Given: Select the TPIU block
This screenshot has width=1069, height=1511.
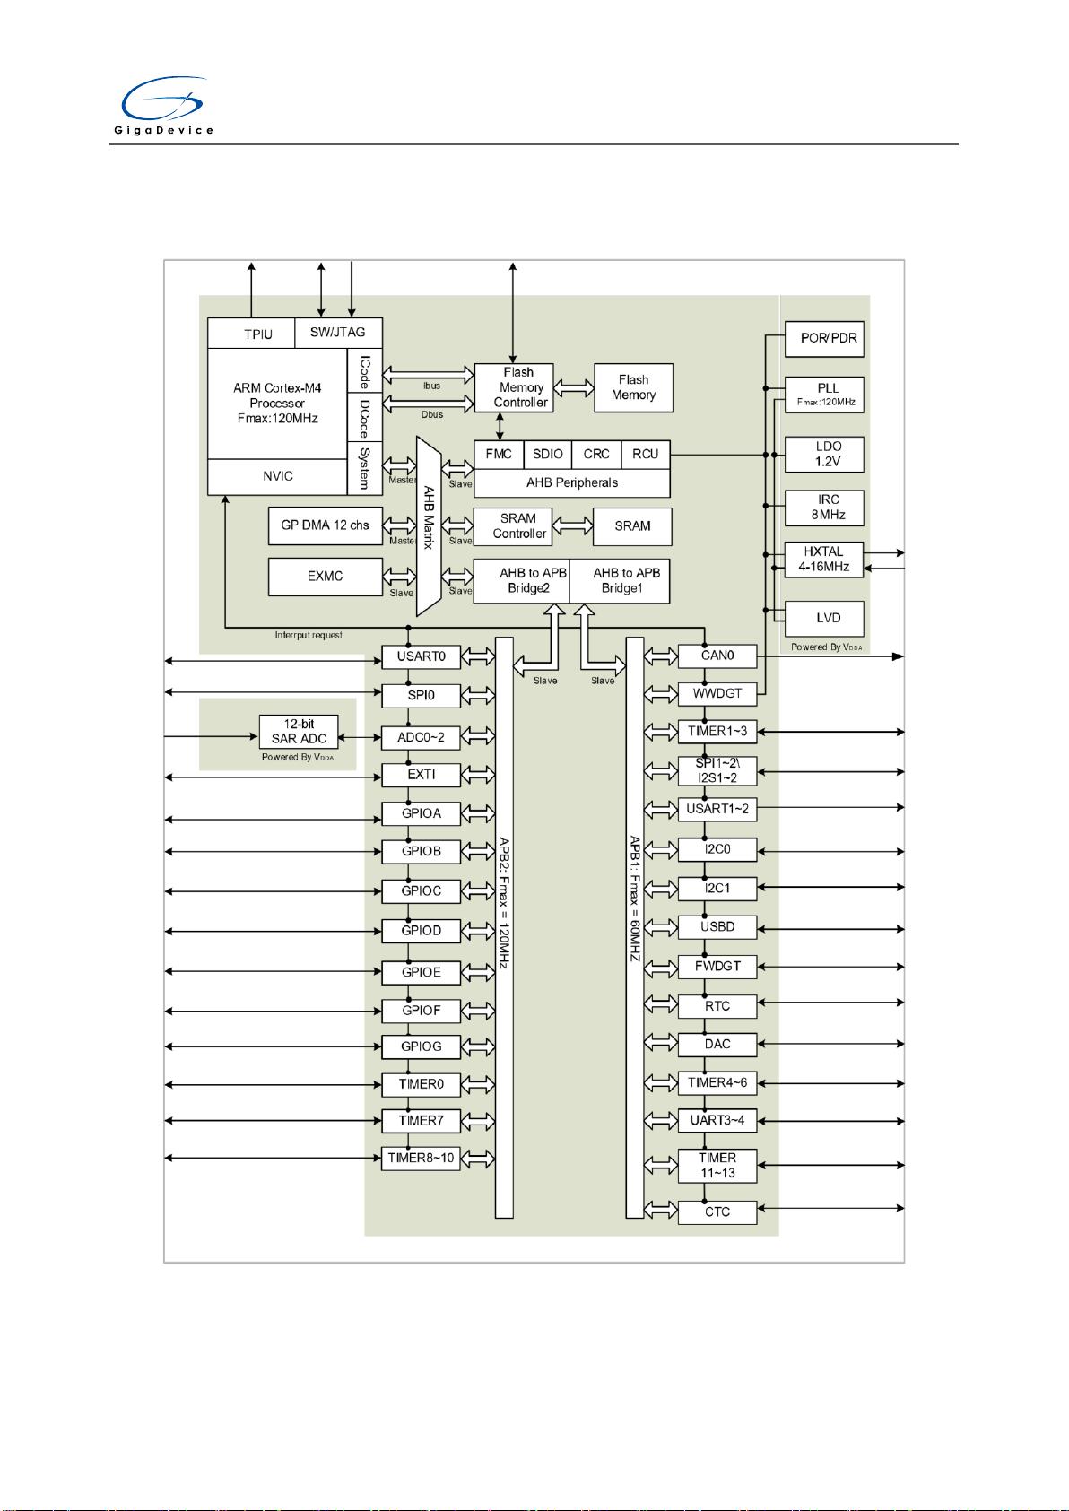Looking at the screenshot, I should click(x=251, y=334).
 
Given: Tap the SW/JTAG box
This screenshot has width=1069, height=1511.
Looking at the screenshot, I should click(x=337, y=332).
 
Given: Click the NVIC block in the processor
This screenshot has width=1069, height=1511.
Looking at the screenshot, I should click(x=277, y=476).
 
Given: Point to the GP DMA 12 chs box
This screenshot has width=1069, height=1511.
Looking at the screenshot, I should click(x=325, y=525).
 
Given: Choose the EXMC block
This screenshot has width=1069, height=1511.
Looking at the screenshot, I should click(x=325, y=576).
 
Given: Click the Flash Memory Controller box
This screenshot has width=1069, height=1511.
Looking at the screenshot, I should click(x=513, y=387).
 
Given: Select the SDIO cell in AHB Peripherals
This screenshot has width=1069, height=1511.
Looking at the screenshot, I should click(x=547, y=455).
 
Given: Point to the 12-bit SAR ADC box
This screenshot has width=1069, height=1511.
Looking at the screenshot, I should click(x=299, y=732).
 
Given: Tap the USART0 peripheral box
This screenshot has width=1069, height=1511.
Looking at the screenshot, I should click(x=421, y=656).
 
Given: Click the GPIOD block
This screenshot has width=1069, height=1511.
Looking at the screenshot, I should click(x=421, y=931).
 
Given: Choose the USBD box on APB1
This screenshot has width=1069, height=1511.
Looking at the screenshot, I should click(x=717, y=926).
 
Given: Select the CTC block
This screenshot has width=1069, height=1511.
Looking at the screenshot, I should click(x=717, y=1212).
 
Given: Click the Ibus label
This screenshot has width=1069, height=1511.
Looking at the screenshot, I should click(x=431, y=386).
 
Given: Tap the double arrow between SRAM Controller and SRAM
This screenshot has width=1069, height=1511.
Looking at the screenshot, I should click(x=572, y=525).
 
